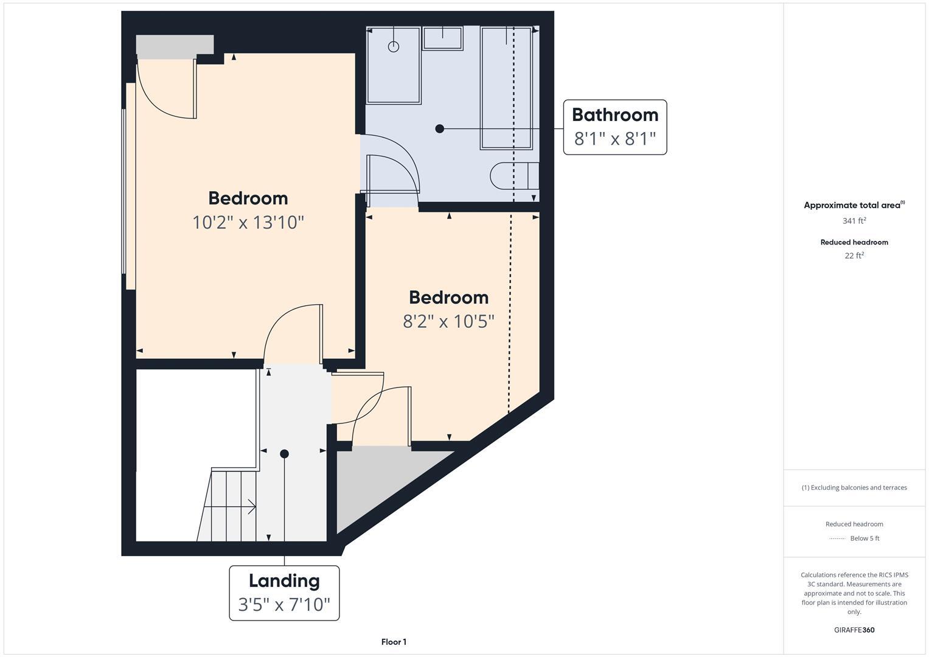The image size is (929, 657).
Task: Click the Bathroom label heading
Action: (615, 115)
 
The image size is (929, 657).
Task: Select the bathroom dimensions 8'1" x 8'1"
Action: (615, 139)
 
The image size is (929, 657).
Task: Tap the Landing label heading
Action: (284, 581)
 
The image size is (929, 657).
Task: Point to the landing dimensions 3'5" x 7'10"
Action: (284, 604)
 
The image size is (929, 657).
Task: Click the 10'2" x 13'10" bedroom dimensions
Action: (248, 222)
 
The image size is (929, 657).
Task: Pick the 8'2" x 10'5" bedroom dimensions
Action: (448, 321)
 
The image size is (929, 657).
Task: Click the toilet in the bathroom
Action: (514, 176)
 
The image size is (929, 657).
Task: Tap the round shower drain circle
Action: (393, 46)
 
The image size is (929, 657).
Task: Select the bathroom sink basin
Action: (442, 38)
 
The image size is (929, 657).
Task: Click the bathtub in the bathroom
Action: (506, 88)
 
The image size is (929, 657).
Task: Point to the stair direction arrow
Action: (230, 506)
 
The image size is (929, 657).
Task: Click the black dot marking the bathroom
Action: (440, 128)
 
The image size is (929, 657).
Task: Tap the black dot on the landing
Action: (284, 454)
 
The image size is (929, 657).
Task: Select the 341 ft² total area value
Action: (854, 221)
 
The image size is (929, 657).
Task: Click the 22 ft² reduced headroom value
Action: (854, 255)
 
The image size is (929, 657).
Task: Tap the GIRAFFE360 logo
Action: (854, 630)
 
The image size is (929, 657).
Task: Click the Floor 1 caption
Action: (394, 642)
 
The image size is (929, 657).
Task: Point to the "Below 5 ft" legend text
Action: (865, 538)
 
